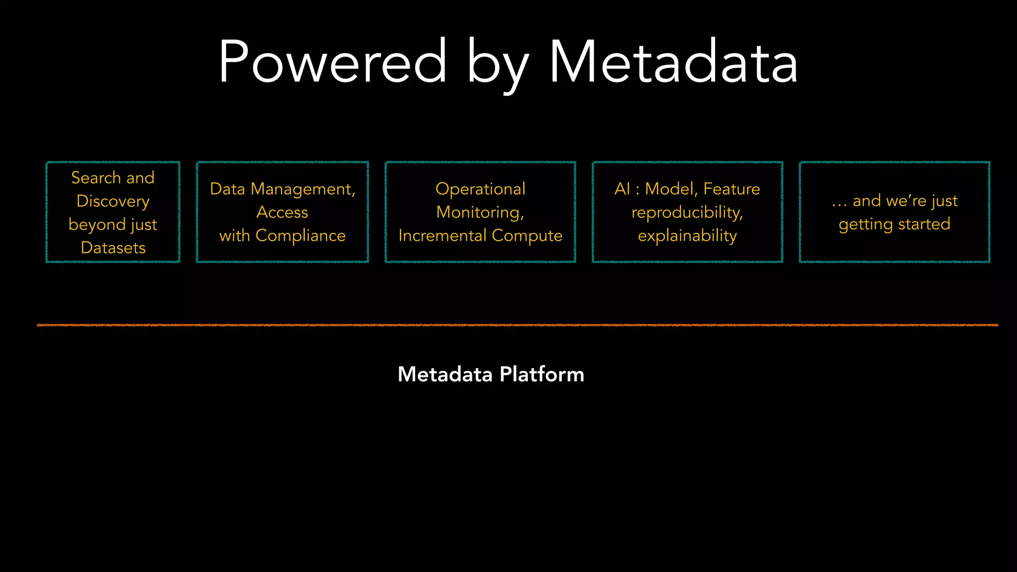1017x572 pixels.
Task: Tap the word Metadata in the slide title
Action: [x=673, y=62]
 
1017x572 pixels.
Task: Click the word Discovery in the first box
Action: [x=113, y=201]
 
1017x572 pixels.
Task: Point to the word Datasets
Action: [x=113, y=247]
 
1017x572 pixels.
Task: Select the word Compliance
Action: [x=300, y=235]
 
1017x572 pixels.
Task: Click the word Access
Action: [x=282, y=213]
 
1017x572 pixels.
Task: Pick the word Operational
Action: [x=480, y=189]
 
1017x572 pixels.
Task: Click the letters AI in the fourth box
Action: [x=622, y=189]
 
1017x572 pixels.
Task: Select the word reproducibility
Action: [x=687, y=213]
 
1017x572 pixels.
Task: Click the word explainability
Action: [x=687, y=235]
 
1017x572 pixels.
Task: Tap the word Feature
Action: [x=731, y=189]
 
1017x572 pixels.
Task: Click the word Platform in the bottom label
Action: [x=542, y=374]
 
